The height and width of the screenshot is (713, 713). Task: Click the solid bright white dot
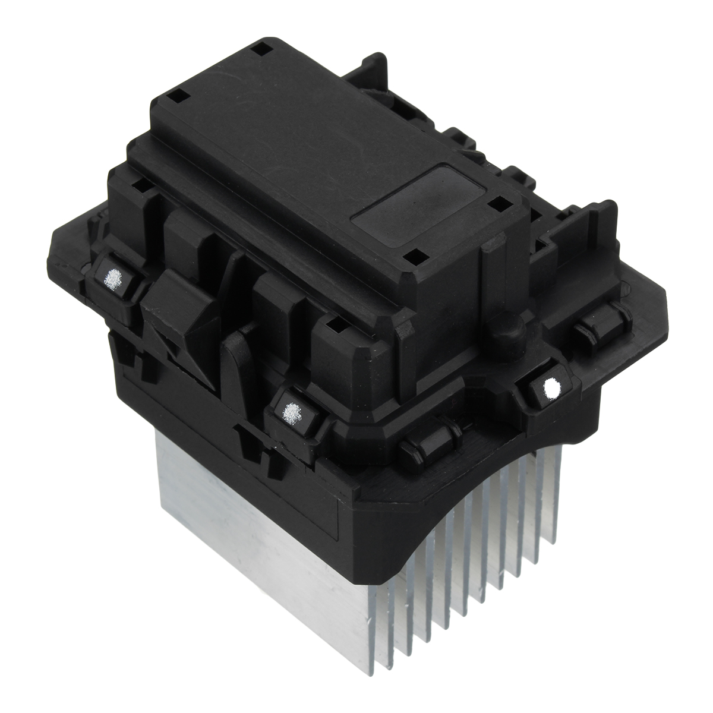tap(551, 389)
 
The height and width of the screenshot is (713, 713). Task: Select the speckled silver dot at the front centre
tap(292, 410)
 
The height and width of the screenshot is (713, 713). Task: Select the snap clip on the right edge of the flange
tap(600, 324)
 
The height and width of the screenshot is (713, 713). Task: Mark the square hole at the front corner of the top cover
tap(415, 256)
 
